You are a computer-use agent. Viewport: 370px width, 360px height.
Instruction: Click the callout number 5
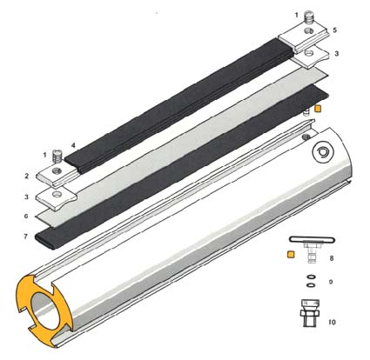pyautogui.click(x=335, y=30)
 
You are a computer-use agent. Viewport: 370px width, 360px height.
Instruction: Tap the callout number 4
pyautogui.click(x=73, y=145)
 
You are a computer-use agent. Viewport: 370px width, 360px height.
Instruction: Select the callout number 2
pyautogui.click(x=27, y=176)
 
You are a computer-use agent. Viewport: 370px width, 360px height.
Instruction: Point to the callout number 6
pyautogui.click(x=26, y=217)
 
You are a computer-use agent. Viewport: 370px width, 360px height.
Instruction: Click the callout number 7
pyautogui.click(x=26, y=237)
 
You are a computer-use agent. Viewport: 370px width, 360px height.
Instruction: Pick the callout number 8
pyautogui.click(x=332, y=258)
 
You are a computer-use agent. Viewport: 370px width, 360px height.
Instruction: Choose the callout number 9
pyautogui.click(x=331, y=282)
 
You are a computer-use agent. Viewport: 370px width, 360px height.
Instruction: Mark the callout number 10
pyautogui.click(x=332, y=322)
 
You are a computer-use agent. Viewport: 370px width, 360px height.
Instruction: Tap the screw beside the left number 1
pyautogui.click(x=57, y=156)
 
